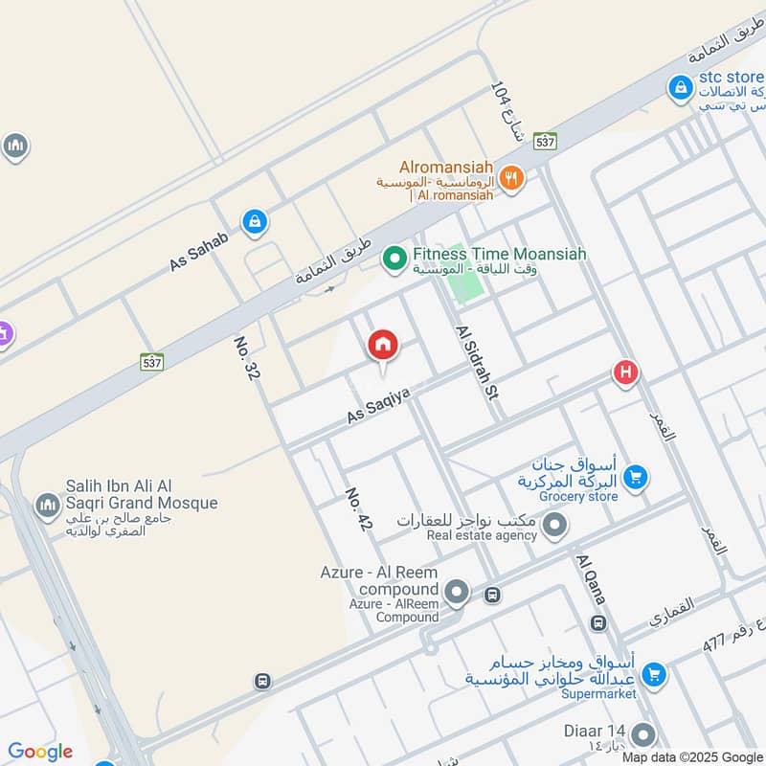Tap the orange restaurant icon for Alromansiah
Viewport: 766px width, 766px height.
[512, 176]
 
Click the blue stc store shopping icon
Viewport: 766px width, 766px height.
[680, 87]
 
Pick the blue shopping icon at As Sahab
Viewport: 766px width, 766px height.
[254, 223]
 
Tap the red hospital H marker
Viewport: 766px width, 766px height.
[625, 372]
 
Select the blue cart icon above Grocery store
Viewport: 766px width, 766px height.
[634, 476]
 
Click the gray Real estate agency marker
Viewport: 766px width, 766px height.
[554, 525]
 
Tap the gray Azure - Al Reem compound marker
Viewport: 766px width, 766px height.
[458, 593]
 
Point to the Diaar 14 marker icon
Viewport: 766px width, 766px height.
[643, 735]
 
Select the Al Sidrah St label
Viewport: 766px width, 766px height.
[478, 363]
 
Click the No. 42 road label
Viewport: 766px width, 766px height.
[357, 508]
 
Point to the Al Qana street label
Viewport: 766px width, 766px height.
[591, 577]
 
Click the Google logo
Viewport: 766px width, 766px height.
[40, 752]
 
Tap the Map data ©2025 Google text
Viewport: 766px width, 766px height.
[701, 757]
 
